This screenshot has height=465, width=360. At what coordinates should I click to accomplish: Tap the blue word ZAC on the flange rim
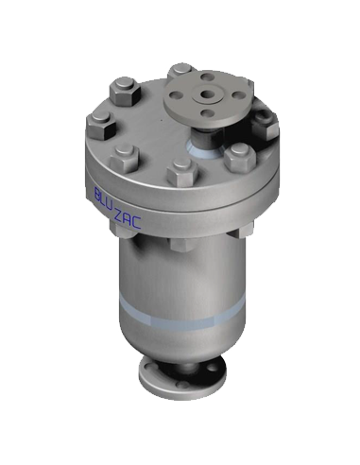[127, 220]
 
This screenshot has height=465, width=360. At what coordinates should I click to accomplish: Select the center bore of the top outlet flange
[207, 94]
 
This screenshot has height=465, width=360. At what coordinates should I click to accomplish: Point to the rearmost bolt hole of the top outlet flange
[206, 77]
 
